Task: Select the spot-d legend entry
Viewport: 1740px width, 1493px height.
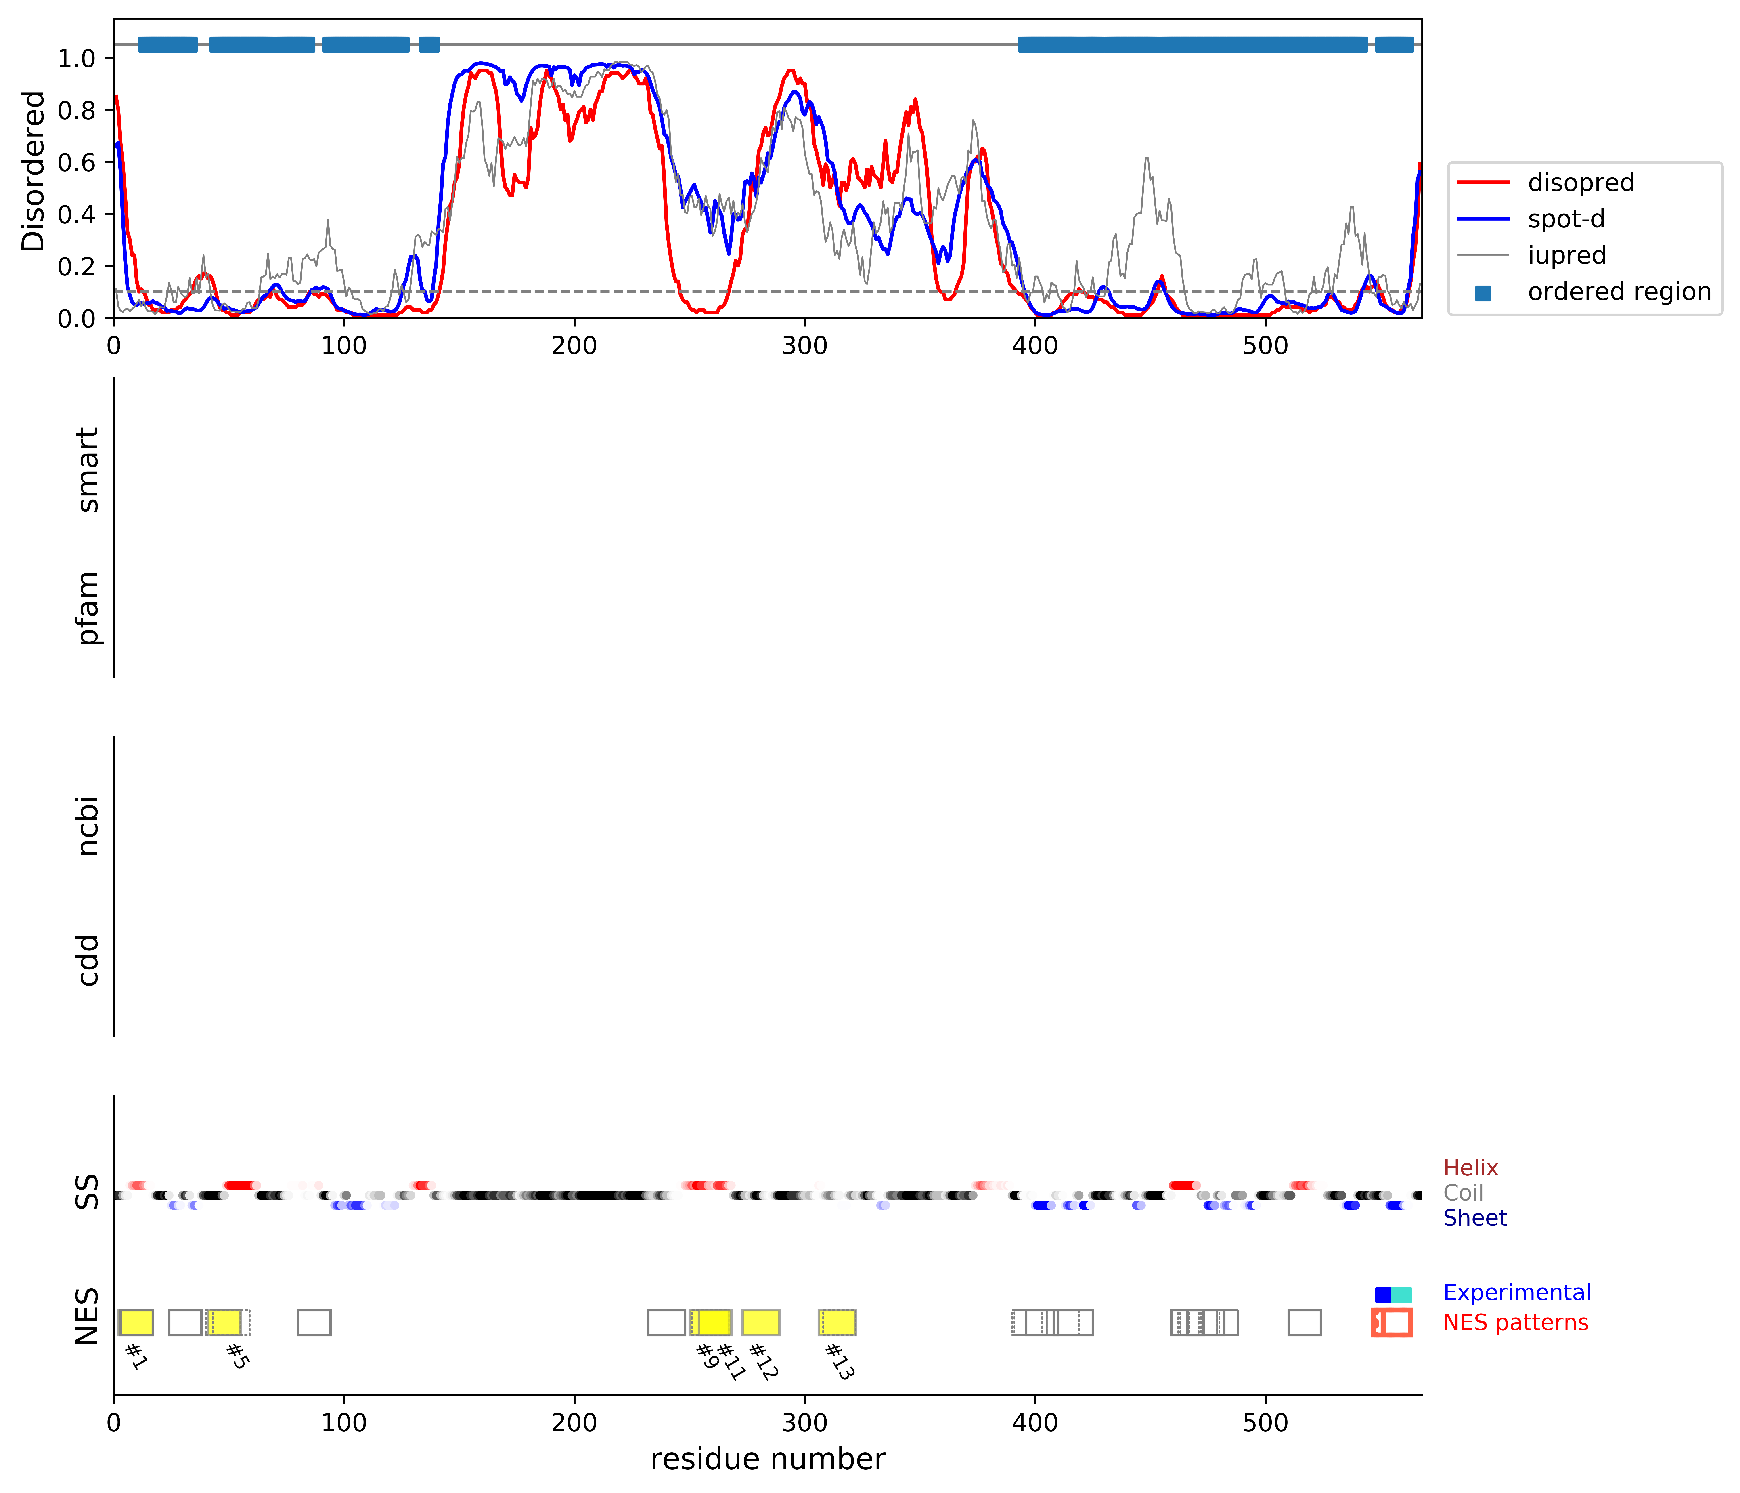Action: [x=1565, y=219]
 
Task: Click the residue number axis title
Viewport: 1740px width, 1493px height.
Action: [x=768, y=1459]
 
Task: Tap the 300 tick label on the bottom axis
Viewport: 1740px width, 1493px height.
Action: [x=804, y=1423]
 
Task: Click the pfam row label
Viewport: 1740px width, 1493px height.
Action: [x=87, y=608]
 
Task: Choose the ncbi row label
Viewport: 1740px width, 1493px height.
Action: [x=87, y=827]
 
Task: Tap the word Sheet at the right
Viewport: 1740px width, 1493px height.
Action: [x=1475, y=1218]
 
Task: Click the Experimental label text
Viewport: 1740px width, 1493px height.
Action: [x=1517, y=1293]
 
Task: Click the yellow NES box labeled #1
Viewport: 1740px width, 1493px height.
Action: [x=136, y=1323]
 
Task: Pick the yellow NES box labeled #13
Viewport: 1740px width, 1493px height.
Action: [x=837, y=1323]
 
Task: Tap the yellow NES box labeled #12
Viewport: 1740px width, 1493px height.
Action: [x=761, y=1323]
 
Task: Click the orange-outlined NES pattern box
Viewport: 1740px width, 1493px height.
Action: [x=1392, y=1323]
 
